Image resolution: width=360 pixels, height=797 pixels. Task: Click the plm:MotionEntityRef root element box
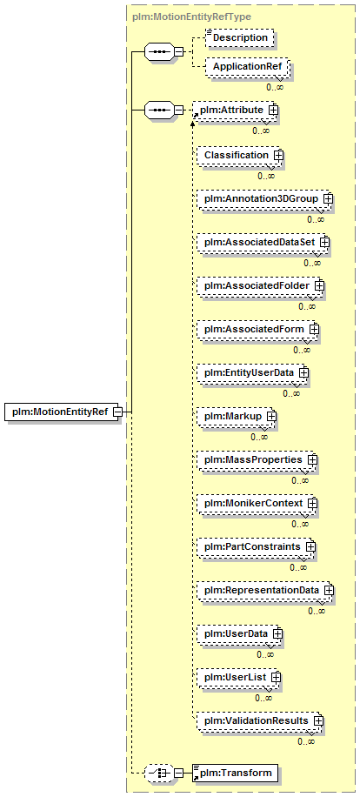click(x=63, y=412)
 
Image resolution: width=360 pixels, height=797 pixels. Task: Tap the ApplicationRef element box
click(x=247, y=67)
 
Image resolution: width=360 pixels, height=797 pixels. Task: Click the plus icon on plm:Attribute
click(x=273, y=110)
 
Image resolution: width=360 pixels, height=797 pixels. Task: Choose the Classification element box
click(x=238, y=155)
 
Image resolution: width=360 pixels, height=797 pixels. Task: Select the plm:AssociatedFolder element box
click(x=259, y=285)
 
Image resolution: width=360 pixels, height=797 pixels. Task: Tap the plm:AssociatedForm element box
click(x=257, y=329)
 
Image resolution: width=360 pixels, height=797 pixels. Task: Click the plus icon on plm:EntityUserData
click(x=303, y=372)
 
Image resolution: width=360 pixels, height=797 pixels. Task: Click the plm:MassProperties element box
click(x=256, y=459)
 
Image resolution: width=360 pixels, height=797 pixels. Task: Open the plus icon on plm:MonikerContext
click(x=313, y=502)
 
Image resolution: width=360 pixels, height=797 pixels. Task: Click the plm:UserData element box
click(x=238, y=633)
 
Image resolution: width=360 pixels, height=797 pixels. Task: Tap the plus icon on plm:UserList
click(x=277, y=677)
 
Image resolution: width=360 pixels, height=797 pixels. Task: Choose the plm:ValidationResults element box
click(x=259, y=720)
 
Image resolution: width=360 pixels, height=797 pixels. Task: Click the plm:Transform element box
click(x=235, y=774)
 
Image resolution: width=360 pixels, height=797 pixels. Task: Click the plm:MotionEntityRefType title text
click(x=191, y=17)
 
